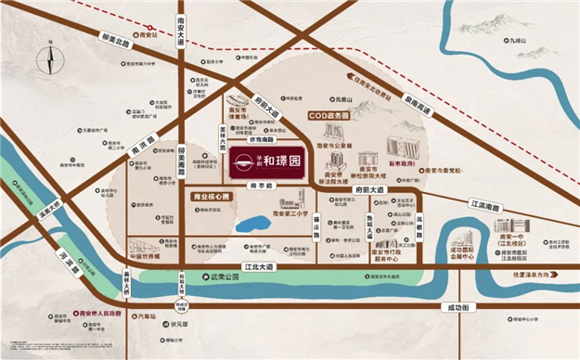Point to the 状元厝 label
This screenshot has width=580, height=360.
point(179,326)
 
